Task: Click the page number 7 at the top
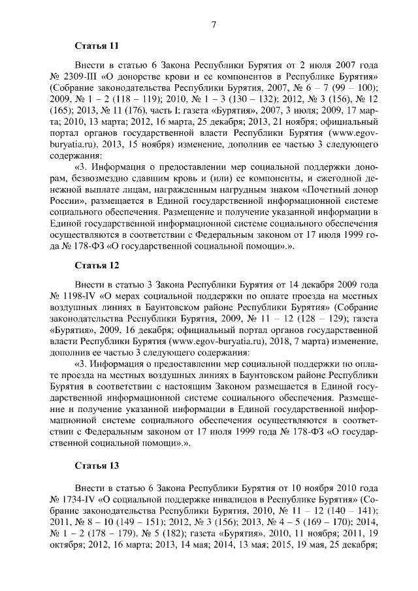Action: [214, 24]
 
